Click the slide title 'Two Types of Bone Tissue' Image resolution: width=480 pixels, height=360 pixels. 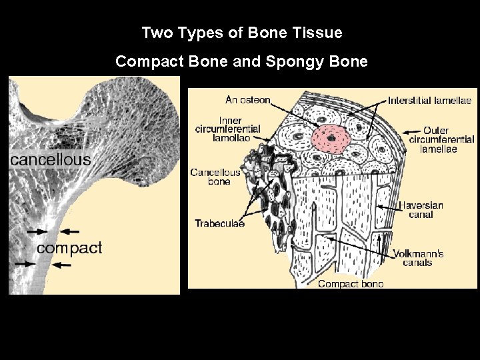242,32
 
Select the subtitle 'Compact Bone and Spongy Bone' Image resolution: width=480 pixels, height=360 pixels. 241,61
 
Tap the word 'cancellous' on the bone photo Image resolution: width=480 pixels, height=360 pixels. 50,160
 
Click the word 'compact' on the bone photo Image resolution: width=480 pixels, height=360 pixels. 69,248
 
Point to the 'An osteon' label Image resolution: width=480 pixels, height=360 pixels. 248,100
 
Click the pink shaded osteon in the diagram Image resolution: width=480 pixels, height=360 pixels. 329,137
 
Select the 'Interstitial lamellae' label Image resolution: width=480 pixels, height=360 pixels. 430,100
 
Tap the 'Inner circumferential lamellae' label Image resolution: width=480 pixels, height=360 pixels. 227,129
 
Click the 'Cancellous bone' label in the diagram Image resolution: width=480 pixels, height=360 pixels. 215,177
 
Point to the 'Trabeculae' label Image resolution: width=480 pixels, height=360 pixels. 219,223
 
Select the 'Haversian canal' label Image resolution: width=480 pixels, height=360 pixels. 421,210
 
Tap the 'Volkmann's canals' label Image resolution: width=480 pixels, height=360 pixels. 418,258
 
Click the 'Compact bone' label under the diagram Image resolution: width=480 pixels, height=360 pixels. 351,284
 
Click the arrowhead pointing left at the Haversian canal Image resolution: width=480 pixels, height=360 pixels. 379,207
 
